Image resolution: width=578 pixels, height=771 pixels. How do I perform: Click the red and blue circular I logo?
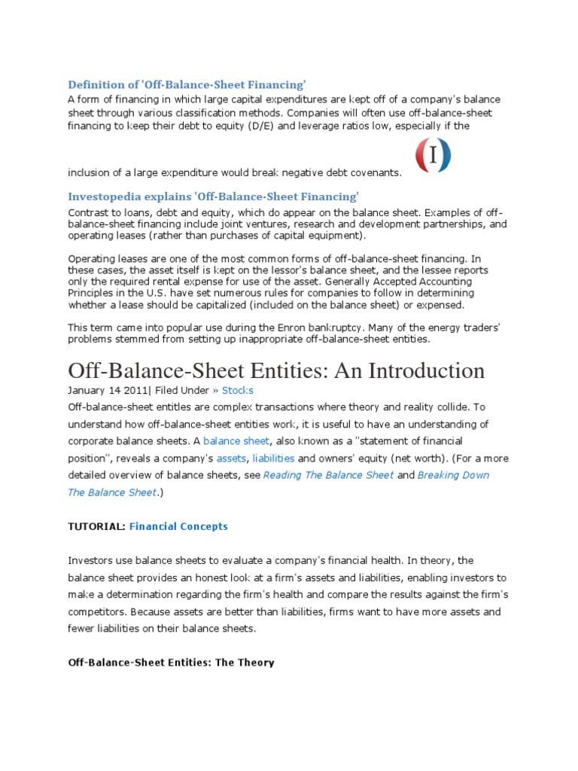pos(433,155)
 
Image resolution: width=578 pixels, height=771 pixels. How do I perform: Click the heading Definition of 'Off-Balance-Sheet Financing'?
pos(187,84)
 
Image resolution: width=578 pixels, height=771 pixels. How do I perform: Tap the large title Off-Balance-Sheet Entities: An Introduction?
pos(276,370)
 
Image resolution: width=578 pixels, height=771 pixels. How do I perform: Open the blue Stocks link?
pos(238,390)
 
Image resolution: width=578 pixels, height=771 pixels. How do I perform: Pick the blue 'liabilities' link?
pos(273,458)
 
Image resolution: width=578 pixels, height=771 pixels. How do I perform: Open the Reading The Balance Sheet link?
pos(328,475)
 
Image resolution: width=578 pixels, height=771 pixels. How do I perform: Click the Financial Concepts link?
pos(178,526)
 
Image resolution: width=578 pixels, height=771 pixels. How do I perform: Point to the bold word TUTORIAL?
pos(96,526)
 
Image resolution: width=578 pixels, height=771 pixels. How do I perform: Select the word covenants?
pos(374,173)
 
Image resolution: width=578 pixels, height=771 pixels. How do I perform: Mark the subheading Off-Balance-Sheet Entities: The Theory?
pos(171,663)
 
